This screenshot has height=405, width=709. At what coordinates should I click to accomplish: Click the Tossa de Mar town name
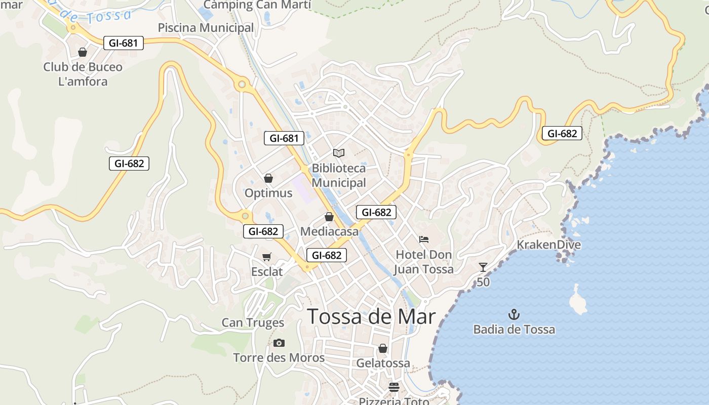point(371,317)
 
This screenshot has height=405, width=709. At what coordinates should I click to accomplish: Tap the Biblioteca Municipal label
point(338,175)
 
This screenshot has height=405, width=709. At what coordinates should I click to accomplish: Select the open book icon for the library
point(339,153)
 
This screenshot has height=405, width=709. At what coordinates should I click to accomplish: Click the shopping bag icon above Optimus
point(268,178)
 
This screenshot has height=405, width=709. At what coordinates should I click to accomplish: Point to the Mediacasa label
point(329,232)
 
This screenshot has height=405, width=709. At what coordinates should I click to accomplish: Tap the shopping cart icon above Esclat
point(267,257)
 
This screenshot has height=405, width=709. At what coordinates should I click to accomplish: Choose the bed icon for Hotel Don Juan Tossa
point(424,239)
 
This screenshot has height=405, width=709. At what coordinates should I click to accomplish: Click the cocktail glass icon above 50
point(483,267)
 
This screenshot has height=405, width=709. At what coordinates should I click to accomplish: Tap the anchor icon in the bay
point(514,314)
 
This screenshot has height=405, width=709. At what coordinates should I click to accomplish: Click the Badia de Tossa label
point(514,330)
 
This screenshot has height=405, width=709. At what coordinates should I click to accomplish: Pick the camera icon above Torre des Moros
point(279,343)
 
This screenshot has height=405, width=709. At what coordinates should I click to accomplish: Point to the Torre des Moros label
point(279,358)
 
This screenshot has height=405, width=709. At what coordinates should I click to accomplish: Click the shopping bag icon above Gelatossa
point(383,348)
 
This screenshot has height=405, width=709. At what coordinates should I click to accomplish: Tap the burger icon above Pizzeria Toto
point(394,387)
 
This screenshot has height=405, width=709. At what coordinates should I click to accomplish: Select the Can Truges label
point(253,322)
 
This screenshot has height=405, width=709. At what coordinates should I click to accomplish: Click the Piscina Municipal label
point(206,28)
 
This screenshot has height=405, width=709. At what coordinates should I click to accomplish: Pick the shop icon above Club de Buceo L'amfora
point(83,52)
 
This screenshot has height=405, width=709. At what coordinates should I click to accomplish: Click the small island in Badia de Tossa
point(577,300)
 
